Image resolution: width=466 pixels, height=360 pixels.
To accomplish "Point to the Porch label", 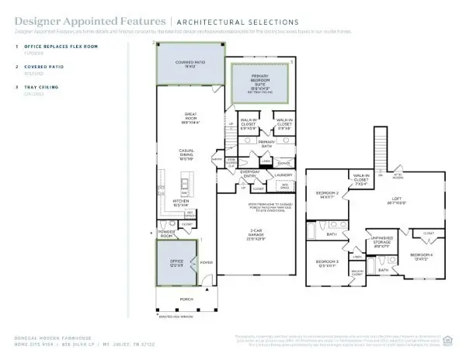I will click(181, 298).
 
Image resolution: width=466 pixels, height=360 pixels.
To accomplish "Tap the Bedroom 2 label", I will click(325, 195).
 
